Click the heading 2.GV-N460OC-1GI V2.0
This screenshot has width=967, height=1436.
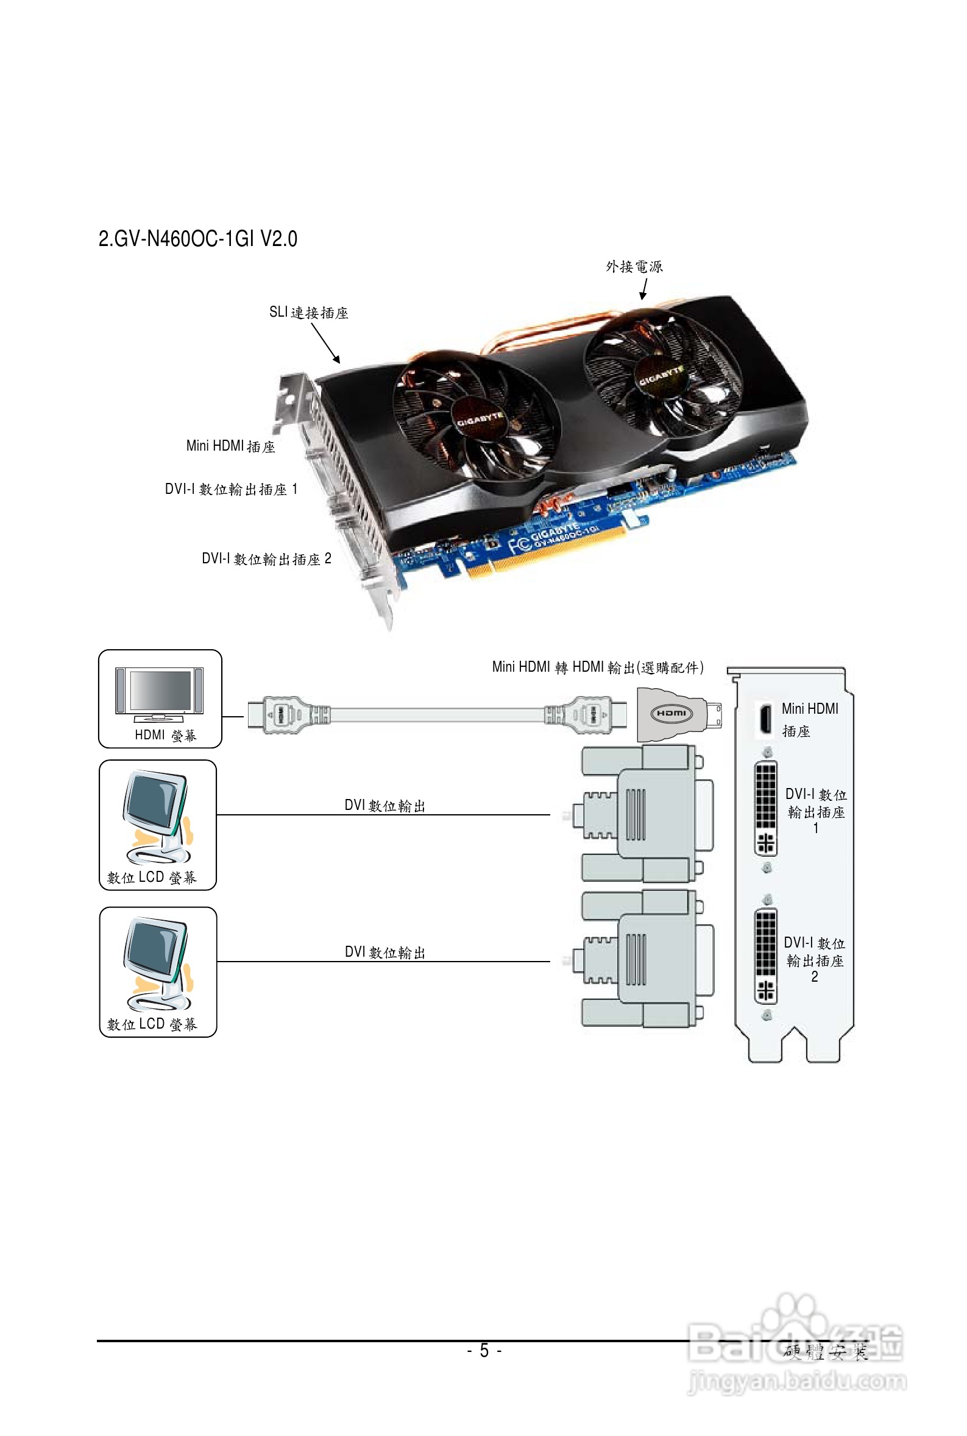click(197, 239)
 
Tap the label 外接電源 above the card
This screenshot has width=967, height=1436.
click(634, 266)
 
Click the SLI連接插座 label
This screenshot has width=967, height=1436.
click(308, 312)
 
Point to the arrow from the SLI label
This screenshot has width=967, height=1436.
click(325, 343)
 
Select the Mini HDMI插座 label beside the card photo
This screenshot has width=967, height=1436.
click(230, 446)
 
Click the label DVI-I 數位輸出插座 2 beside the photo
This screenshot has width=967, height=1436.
click(266, 558)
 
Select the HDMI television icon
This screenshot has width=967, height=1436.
click(159, 694)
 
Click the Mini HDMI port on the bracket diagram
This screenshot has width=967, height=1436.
click(765, 719)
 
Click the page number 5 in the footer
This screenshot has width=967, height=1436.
click(484, 1351)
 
